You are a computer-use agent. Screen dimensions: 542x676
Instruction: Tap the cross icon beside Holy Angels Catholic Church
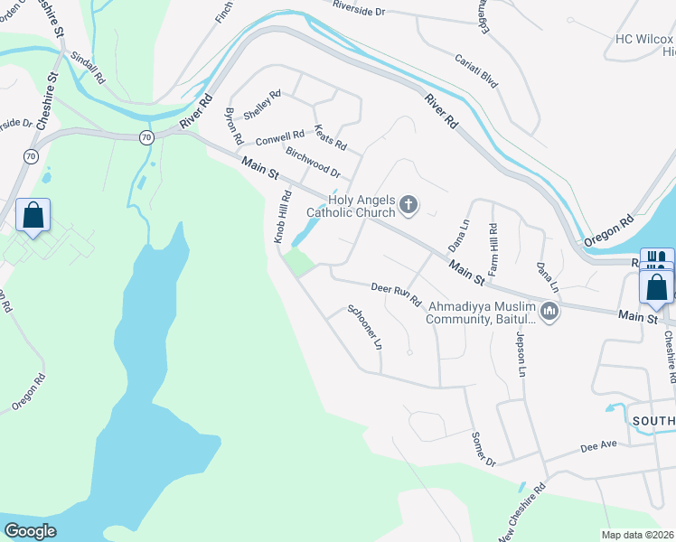click(x=408, y=206)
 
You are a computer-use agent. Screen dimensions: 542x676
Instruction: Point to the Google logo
click(x=31, y=530)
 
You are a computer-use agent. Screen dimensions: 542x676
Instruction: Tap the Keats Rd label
click(x=329, y=137)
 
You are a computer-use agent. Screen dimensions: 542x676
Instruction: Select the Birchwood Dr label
click(x=312, y=162)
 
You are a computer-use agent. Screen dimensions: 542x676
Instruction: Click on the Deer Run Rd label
click(x=396, y=294)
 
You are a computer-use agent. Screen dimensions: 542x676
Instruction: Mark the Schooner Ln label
click(x=365, y=327)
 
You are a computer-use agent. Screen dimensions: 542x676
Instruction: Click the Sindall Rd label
click(x=87, y=66)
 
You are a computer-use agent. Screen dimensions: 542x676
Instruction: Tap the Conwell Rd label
click(x=279, y=137)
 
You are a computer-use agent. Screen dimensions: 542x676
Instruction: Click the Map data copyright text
click(x=637, y=535)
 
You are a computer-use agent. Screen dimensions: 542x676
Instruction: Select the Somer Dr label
click(x=484, y=449)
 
